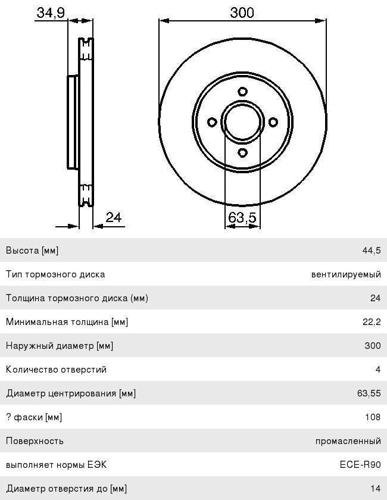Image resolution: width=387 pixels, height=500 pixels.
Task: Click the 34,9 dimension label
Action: (x=51, y=13)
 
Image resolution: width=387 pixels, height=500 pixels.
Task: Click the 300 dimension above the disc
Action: (x=242, y=12)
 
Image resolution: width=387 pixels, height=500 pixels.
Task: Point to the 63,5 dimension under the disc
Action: (x=242, y=218)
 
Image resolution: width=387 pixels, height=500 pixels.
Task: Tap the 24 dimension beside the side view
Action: (x=114, y=217)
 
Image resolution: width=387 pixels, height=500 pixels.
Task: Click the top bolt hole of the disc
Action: (x=242, y=92)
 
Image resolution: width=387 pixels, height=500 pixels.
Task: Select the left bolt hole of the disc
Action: (x=212, y=122)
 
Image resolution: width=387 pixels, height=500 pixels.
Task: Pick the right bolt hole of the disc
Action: (x=273, y=122)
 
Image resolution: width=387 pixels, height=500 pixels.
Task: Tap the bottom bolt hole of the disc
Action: (x=242, y=152)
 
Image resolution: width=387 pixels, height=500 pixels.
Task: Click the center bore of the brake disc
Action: (x=242, y=122)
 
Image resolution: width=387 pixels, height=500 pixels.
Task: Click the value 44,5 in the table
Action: (x=371, y=251)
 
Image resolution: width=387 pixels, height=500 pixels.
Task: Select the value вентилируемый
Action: (x=346, y=274)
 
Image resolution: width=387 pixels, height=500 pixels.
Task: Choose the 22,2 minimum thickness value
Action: (x=371, y=322)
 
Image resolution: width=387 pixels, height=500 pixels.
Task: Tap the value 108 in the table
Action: (x=373, y=417)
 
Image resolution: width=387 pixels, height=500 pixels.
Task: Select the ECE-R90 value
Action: (x=360, y=465)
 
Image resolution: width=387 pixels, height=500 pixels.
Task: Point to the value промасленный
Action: (x=348, y=441)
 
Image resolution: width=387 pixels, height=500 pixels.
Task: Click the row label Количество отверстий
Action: (x=56, y=370)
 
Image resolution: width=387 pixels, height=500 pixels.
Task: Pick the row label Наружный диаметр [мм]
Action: (x=60, y=346)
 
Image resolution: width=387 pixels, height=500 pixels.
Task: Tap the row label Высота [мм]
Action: (x=32, y=251)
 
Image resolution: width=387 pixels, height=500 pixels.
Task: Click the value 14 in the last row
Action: (x=375, y=489)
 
